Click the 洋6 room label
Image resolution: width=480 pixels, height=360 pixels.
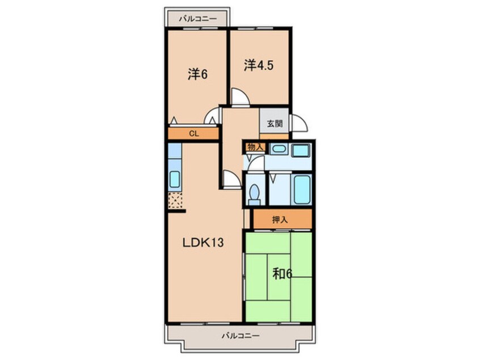[198, 74]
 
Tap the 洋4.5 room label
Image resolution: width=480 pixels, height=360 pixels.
[259, 65]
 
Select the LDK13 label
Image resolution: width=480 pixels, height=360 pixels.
[203, 242]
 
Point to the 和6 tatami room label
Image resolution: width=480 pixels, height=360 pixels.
[282, 274]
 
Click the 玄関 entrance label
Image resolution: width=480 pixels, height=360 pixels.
[275, 124]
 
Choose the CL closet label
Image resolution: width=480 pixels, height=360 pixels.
[194, 133]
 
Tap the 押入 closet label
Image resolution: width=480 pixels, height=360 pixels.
[280, 220]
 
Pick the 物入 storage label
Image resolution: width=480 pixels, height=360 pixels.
[256, 147]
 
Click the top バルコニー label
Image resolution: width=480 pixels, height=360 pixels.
[198, 19]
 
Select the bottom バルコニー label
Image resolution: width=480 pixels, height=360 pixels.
[241, 336]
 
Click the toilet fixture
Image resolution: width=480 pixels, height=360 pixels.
[254, 194]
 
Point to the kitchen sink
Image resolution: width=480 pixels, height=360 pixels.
[175, 179]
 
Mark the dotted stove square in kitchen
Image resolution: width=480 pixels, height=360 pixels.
[175, 200]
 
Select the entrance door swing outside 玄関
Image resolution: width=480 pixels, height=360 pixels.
[300, 123]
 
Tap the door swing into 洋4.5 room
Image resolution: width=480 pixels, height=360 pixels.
[241, 97]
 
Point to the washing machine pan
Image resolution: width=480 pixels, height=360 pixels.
[301, 150]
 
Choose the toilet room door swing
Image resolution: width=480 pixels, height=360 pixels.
[256, 164]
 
